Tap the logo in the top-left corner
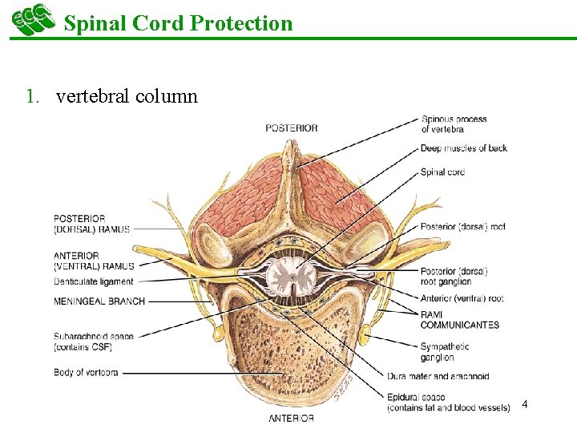[33, 19]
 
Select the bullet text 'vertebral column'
[127, 97]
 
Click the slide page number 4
[524, 404]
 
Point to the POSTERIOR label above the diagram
[292, 127]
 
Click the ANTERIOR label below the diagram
[291, 418]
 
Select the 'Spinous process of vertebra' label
[454, 124]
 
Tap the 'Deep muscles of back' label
[464, 148]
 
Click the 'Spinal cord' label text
[442, 172]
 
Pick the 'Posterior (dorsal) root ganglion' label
[454, 277]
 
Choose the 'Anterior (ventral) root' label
[462, 299]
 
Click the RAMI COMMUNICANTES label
[459, 320]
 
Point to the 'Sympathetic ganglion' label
[445, 352]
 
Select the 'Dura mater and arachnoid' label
[449, 375]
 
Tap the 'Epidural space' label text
[416, 397]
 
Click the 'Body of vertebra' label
[86, 372]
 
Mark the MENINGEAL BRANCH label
[99, 301]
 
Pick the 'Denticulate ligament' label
[94, 281]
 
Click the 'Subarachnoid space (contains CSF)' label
[94, 342]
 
